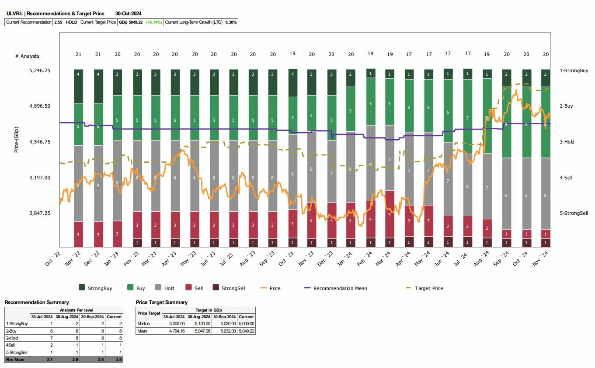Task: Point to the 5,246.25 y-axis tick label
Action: pos(40,70)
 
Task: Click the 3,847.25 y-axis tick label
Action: pos(40,213)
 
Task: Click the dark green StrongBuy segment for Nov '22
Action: pos(78,86)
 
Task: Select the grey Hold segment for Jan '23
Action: pos(117,180)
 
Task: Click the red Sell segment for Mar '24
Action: pos(390,214)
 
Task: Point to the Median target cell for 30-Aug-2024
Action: pos(199,324)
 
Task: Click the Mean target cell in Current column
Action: pos(246,331)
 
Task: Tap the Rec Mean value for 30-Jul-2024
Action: pos(42,360)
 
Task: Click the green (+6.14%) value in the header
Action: pos(154,22)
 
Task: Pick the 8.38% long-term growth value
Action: pos(231,22)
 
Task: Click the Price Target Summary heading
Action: pos(161,302)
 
